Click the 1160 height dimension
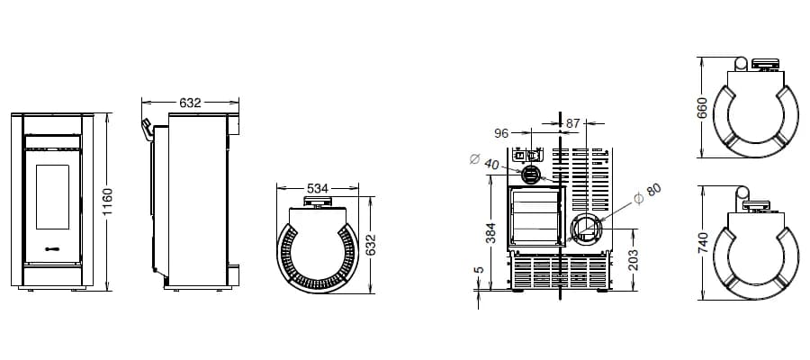click(107, 202)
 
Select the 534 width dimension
click(318, 188)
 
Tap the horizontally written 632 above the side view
click(190, 103)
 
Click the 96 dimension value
click(501, 134)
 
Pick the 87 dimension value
click(573, 123)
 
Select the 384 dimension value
click(490, 233)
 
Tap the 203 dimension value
click(634, 260)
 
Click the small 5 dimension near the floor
click(479, 270)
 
